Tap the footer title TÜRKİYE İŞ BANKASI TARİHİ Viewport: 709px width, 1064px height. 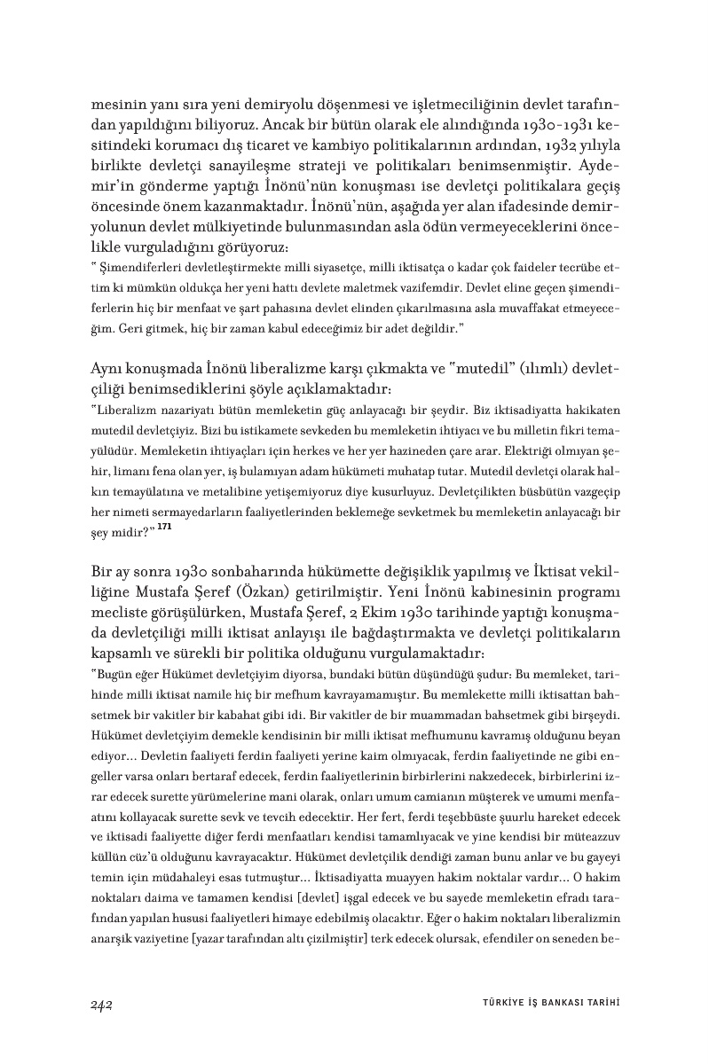(x=544, y=1004)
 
